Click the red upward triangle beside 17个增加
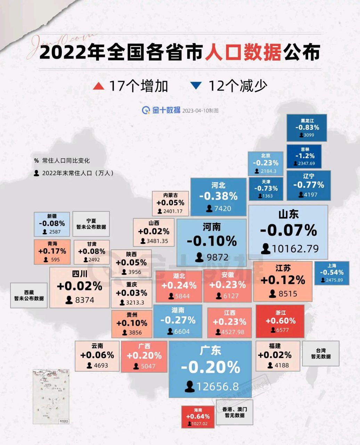tap(99, 86)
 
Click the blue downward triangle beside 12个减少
tap(196, 86)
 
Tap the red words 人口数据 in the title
tap(243, 53)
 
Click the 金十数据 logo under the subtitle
tap(161, 110)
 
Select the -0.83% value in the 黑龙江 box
tap(307, 128)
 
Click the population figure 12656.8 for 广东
tap(218, 387)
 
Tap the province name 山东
tap(288, 214)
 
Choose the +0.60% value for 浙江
tap(280, 321)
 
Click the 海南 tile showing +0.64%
tap(198, 416)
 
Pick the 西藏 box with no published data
tap(29, 296)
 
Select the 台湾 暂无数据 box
tap(321, 354)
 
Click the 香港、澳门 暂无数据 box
tap(235, 412)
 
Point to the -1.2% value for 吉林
tap(305, 156)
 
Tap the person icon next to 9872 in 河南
tap(199, 258)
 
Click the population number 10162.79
tap(295, 249)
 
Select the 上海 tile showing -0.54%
tap(332, 273)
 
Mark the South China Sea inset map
tap(51, 397)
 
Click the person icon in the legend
tap(36, 173)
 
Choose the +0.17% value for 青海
tap(52, 251)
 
